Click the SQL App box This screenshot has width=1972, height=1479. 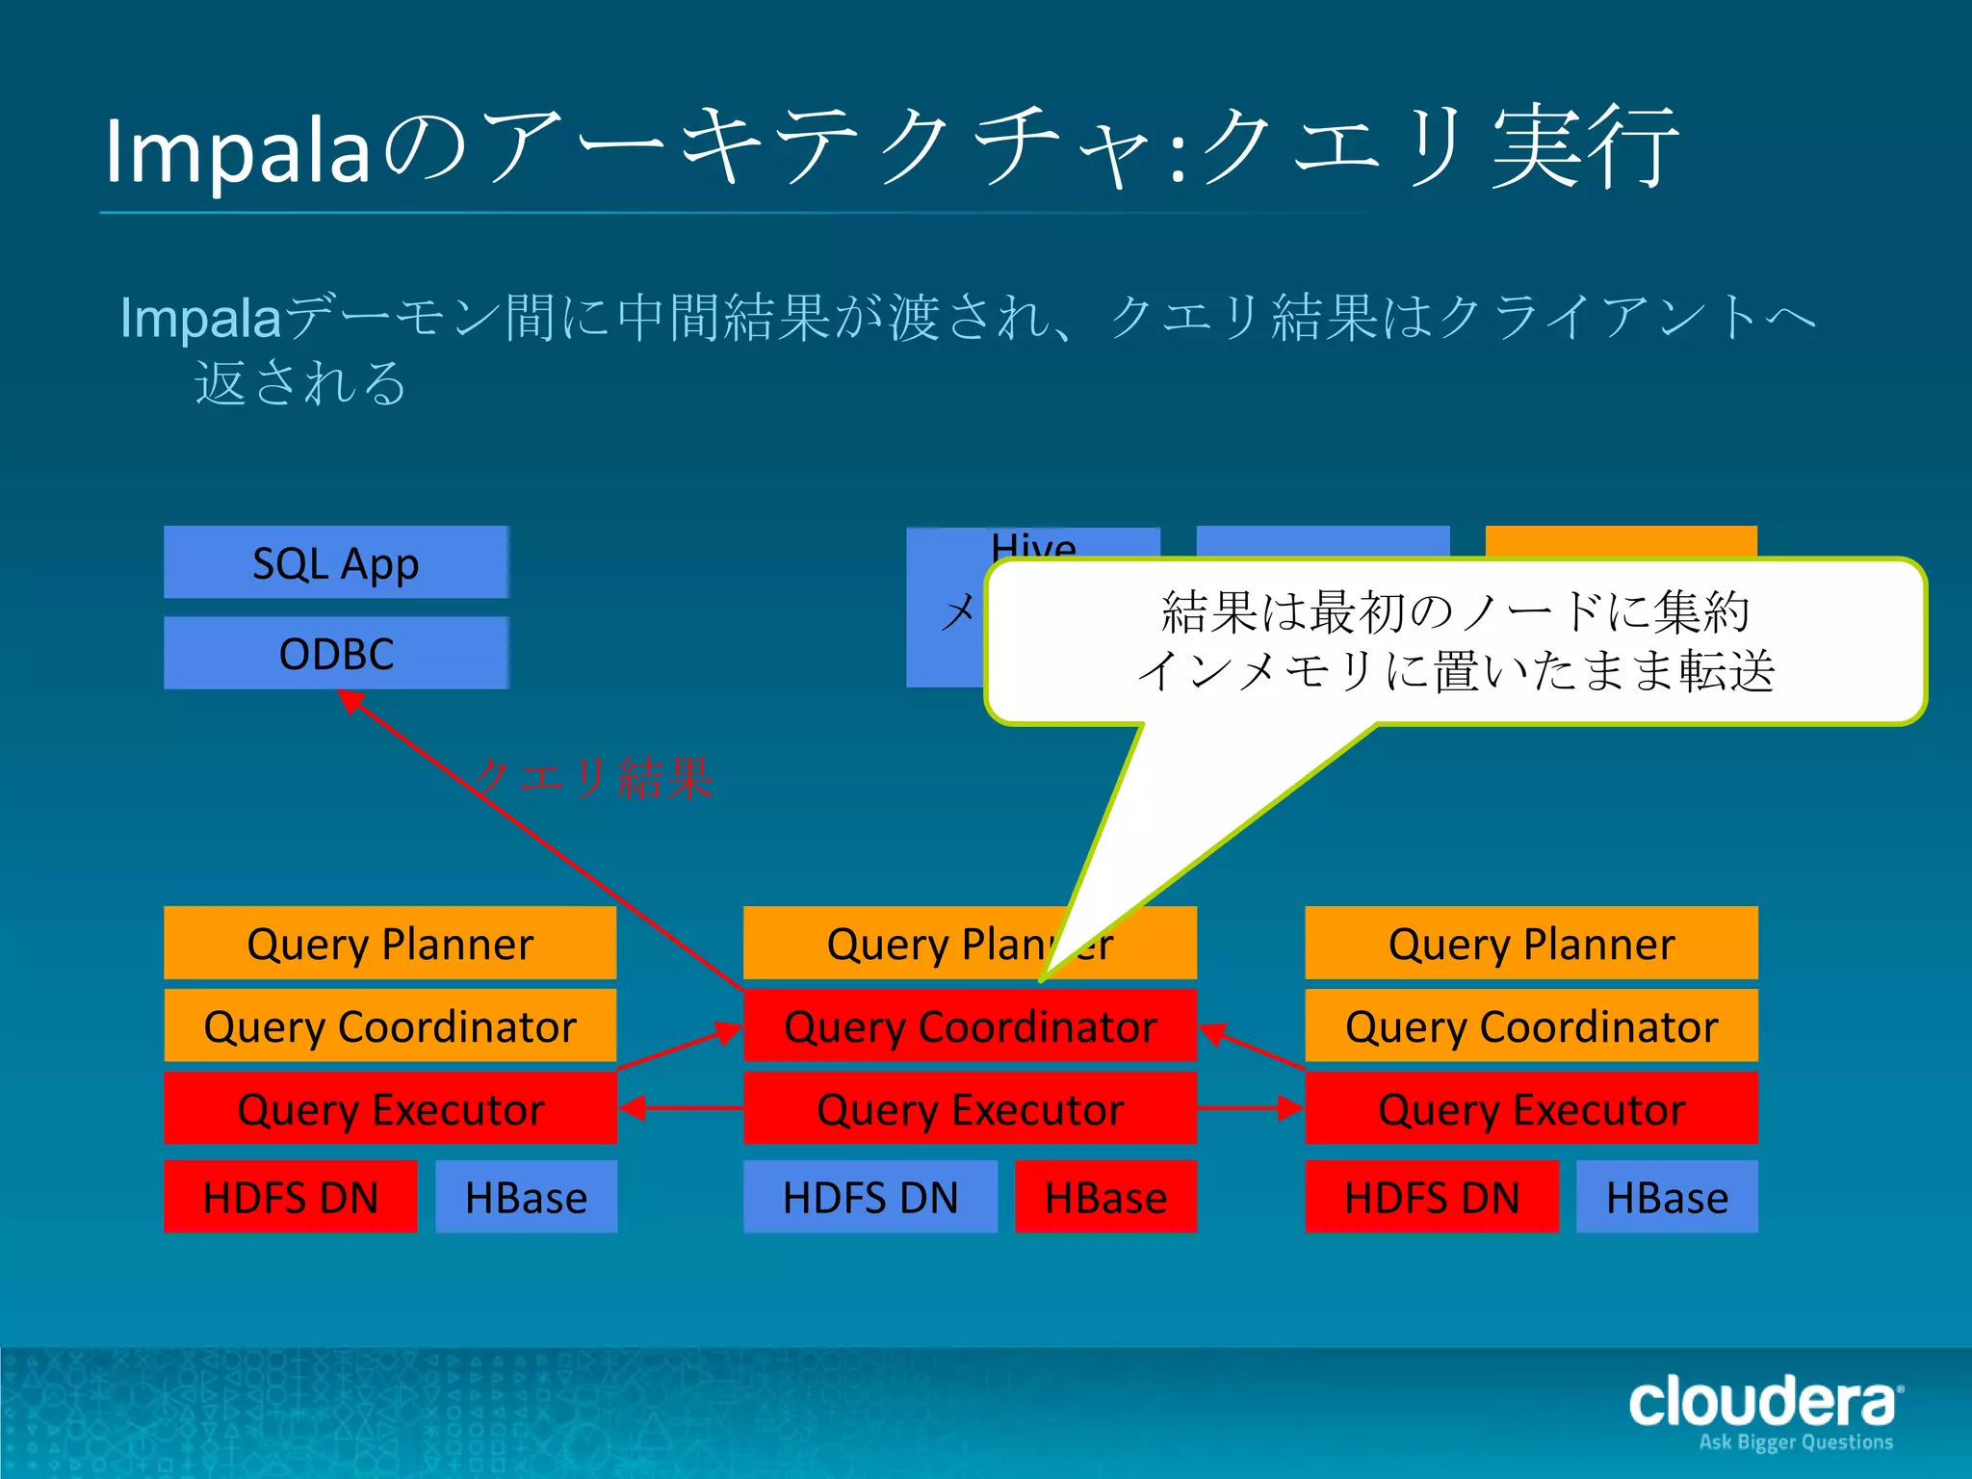[x=335, y=562]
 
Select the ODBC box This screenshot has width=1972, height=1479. [x=335, y=653]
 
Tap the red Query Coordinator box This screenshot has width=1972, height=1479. [x=970, y=1025]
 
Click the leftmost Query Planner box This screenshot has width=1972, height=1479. [x=390, y=943]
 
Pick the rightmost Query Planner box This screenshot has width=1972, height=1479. [x=1531, y=943]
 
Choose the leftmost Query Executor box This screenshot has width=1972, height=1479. [x=390, y=1108]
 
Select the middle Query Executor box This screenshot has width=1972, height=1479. [x=970, y=1108]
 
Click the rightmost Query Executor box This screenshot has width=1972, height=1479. [x=1531, y=1108]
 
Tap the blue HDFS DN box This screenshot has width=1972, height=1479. [x=869, y=1197]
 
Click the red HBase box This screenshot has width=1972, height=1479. [x=1105, y=1197]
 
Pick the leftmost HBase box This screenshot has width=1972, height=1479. [x=526, y=1197]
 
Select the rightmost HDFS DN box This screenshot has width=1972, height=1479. [x=1431, y=1197]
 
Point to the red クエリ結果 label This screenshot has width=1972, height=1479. [x=594, y=778]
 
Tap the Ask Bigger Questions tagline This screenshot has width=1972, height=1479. [x=1796, y=1442]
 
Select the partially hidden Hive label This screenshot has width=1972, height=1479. [x=1033, y=544]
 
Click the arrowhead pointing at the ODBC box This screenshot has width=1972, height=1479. [x=350, y=702]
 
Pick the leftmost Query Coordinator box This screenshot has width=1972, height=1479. [x=390, y=1025]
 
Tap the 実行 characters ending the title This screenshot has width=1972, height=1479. [x=1585, y=149]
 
